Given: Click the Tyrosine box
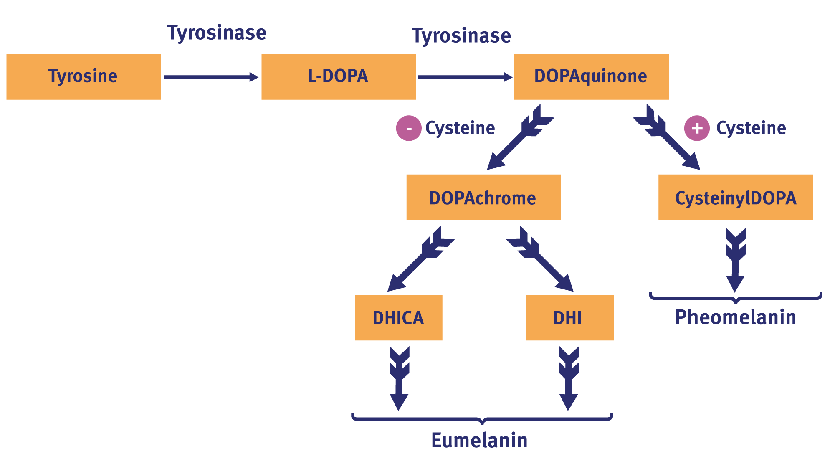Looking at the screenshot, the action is [x=83, y=77].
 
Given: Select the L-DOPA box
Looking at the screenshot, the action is [x=339, y=77].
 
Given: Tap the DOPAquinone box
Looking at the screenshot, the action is [x=591, y=77].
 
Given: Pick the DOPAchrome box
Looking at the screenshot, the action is [x=483, y=197].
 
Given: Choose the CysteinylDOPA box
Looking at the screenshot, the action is [x=736, y=197].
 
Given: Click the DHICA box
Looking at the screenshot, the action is [x=398, y=318].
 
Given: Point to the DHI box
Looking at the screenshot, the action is [x=570, y=318].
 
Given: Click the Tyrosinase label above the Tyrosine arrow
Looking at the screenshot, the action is [x=217, y=33].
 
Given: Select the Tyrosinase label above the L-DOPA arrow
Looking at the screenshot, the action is [x=461, y=36].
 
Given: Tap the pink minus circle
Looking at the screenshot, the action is [x=409, y=128].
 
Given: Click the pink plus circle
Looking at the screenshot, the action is [x=697, y=128].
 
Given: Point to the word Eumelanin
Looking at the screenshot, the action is [x=479, y=441].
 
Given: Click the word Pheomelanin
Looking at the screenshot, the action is [x=736, y=317].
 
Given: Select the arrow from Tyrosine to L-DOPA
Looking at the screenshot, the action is [x=211, y=77].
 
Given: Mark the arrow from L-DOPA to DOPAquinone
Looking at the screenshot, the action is [x=465, y=77].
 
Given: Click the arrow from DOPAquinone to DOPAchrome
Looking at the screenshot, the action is [x=520, y=137].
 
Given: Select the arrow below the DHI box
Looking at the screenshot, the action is [x=569, y=378].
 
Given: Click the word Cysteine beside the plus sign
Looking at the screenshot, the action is [x=751, y=128].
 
